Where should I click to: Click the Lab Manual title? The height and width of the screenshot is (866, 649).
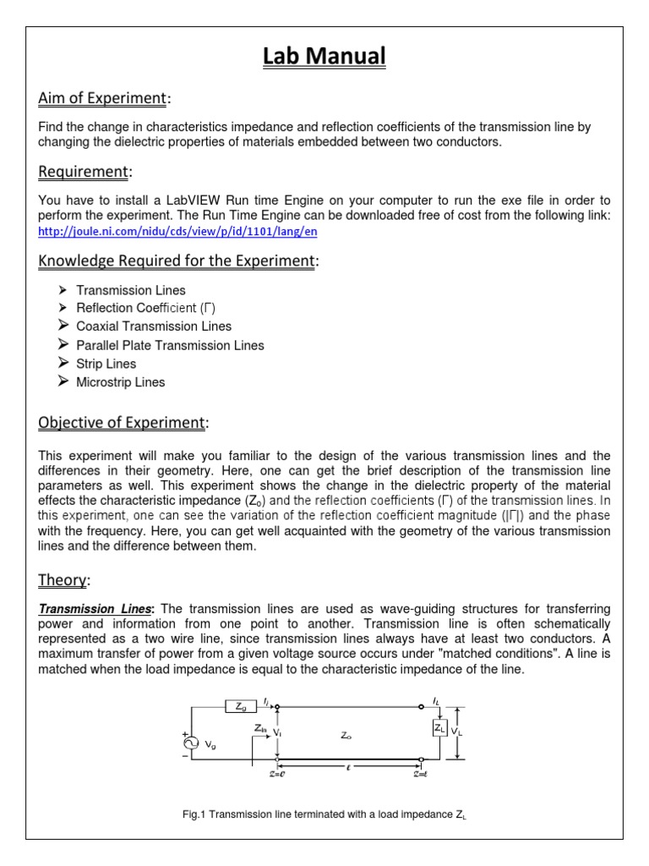tap(324, 57)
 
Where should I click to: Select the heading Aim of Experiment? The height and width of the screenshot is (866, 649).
tap(103, 99)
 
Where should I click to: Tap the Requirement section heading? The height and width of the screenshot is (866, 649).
tap(84, 172)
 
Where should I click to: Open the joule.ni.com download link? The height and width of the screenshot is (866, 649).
tap(178, 231)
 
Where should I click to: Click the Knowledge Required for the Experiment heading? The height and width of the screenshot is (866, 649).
tap(177, 260)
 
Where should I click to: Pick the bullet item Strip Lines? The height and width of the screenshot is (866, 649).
tap(106, 364)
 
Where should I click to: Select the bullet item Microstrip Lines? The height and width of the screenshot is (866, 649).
tap(121, 382)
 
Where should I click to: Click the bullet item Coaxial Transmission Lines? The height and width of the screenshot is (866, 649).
tap(154, 326)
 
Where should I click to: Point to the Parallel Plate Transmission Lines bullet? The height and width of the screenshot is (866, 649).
tap(170, 345)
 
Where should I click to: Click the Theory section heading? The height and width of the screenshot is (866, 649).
tap(63, 579)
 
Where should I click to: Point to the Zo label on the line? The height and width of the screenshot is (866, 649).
tap(346, 737)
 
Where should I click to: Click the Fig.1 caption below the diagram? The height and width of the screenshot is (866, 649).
tap(330, 814)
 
